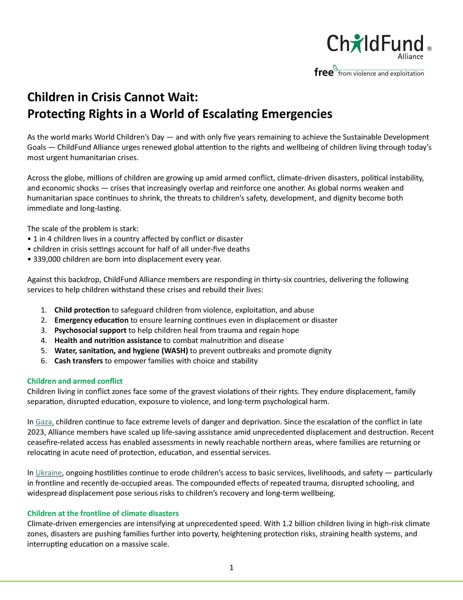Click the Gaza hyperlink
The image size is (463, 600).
[45, 422]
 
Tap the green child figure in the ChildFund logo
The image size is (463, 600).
[356, 43]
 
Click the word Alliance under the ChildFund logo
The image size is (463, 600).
[410, 56]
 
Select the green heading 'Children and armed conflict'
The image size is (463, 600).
[75, 381]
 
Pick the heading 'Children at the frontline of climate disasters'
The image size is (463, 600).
[103, 513]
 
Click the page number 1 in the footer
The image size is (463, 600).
[231, 567]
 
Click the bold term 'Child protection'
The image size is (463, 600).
[82, 310]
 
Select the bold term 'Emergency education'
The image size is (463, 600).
[91, 320]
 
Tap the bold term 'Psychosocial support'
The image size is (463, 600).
[90, 330]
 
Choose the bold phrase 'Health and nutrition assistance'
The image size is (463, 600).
[108, 340]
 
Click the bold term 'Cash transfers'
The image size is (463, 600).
[78, 361]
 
